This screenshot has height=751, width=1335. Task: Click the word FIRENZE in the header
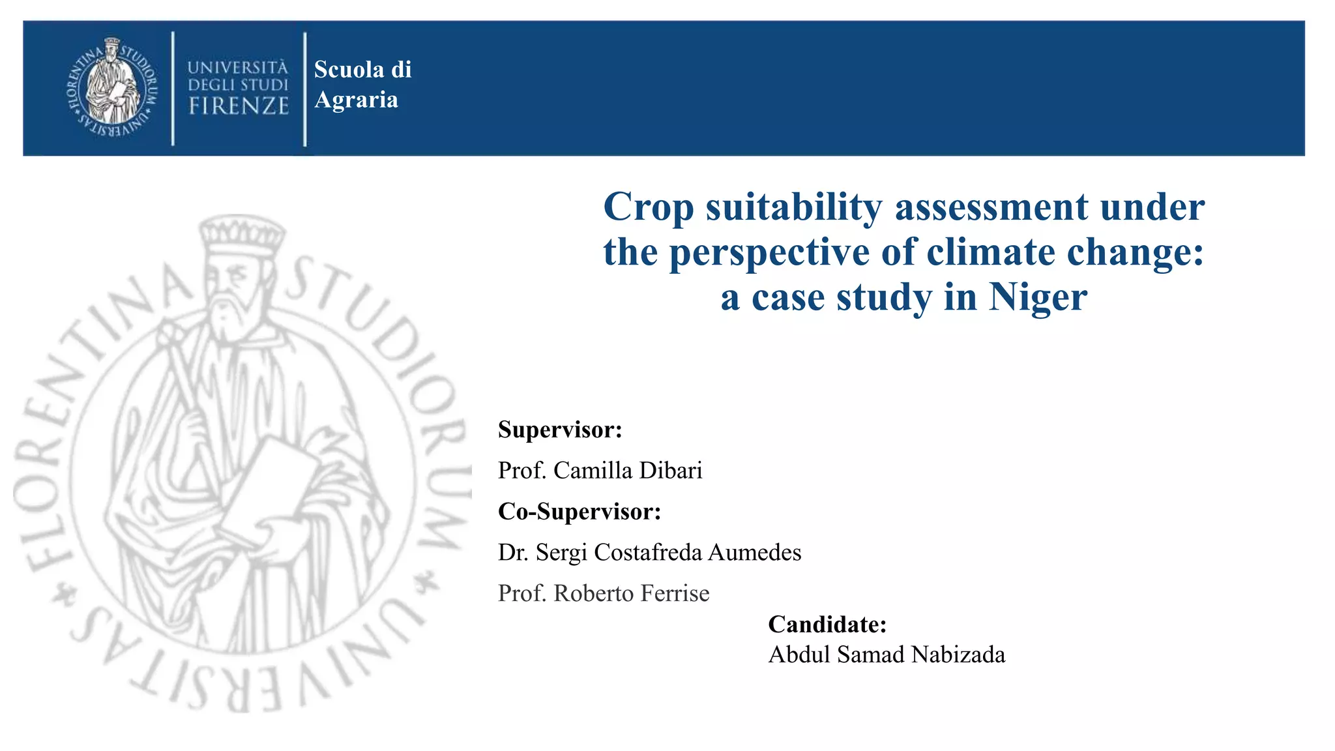(x=239, y=106)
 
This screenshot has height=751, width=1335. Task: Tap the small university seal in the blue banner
(x=113, y=88)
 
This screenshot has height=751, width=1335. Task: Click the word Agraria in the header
(x=356, y=100)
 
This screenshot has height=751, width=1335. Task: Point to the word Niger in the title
(x=1038, y=297)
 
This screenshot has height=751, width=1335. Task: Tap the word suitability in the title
(x=794, y=207)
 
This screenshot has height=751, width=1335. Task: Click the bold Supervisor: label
(x=560, y=430)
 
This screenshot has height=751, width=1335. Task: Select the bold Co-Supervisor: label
(x=579, y=512)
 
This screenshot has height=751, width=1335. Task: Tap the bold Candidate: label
(x=827, y=625)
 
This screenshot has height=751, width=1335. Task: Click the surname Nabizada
(x=958, y=655)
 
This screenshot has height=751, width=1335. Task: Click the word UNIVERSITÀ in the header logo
(x=237, y=68)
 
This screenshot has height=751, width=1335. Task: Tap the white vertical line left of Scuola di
(x=304, y=89)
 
